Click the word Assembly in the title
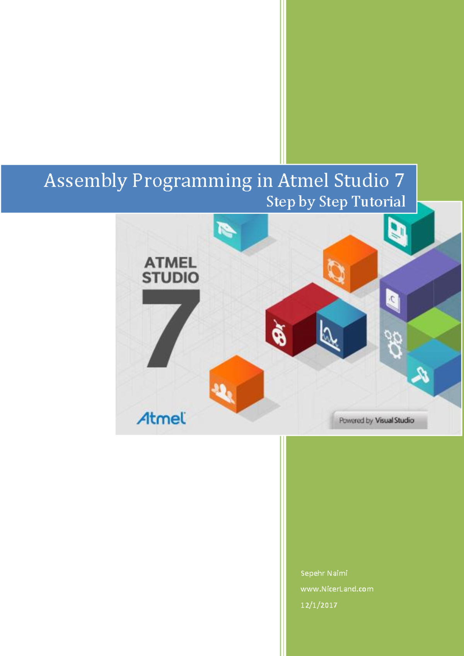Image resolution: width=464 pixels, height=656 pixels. coord(85,181)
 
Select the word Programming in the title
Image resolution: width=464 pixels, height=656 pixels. coord(192,181)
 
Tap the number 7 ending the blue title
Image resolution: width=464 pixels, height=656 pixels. coord(399,180)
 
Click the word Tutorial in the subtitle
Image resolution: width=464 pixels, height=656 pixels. coord(379,202)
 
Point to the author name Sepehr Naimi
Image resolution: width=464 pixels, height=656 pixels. coord(324,573)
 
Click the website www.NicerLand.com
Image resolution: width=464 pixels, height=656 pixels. coord(337,589)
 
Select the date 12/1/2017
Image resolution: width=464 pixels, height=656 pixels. coord(319,605)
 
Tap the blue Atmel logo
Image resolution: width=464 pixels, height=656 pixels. coord(161,419)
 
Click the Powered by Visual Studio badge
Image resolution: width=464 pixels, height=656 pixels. coord(377,420)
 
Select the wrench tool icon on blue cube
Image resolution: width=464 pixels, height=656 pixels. coord(420,374)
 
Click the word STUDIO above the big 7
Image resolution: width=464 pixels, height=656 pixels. coord(170,278)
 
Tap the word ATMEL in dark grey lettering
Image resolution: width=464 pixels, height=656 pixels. coord(170,263)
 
